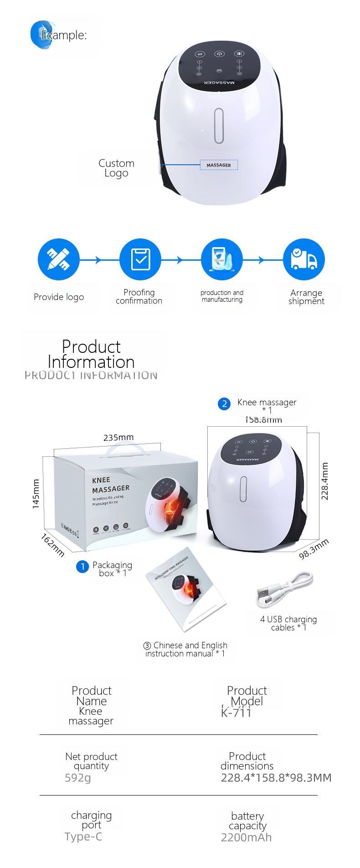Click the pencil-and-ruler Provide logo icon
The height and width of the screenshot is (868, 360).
click(x=59, y=259)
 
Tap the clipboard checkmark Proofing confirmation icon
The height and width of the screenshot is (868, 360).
click(x=140, y=259)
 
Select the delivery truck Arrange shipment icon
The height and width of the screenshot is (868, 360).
click(x=303, y=259)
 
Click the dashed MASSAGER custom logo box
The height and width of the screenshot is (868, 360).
click(x=219, y=165)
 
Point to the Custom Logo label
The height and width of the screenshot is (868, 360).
click(x=116, y=168)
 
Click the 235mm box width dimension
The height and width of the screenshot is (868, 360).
click(x=118, y=438)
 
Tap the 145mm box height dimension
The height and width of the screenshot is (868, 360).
click(x=36, y=494)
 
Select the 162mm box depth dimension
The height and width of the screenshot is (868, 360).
click(x=52, y=545)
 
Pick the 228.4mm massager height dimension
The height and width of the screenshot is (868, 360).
click(x=325, y=481)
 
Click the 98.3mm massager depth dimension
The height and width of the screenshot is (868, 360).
click(x=314, y=549)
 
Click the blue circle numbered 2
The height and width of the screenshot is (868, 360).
click(x=224, y=404)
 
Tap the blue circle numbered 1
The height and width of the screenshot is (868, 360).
click(x=82, y=567)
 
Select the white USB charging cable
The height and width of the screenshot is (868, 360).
click(x=285, y=590)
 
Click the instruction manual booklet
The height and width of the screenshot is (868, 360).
click(x=186, y=589)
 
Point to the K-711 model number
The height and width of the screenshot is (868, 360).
click(x=236, y=713)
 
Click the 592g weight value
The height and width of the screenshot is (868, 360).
click(x=78, y=778)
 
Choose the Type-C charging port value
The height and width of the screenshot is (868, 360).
click(x=83, y=837)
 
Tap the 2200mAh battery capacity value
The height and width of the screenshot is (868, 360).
click(x=246, y=837)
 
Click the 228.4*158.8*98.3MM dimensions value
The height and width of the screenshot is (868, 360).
click(x=276, y=778)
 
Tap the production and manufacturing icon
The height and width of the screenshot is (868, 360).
click(x=222, y=259)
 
